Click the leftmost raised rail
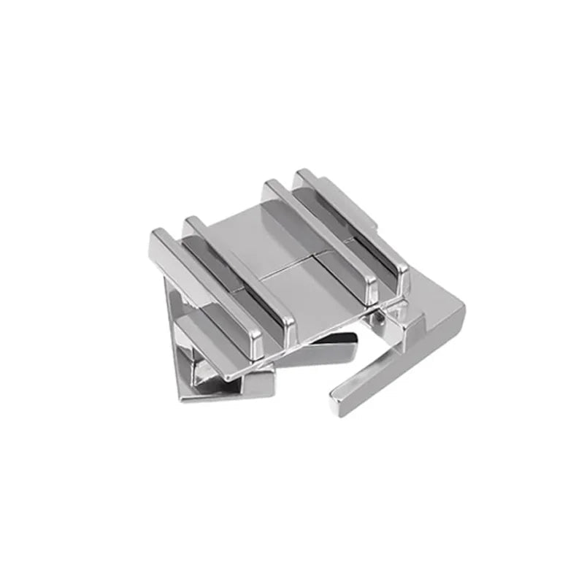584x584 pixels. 204,285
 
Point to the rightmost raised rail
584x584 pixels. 350,219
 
